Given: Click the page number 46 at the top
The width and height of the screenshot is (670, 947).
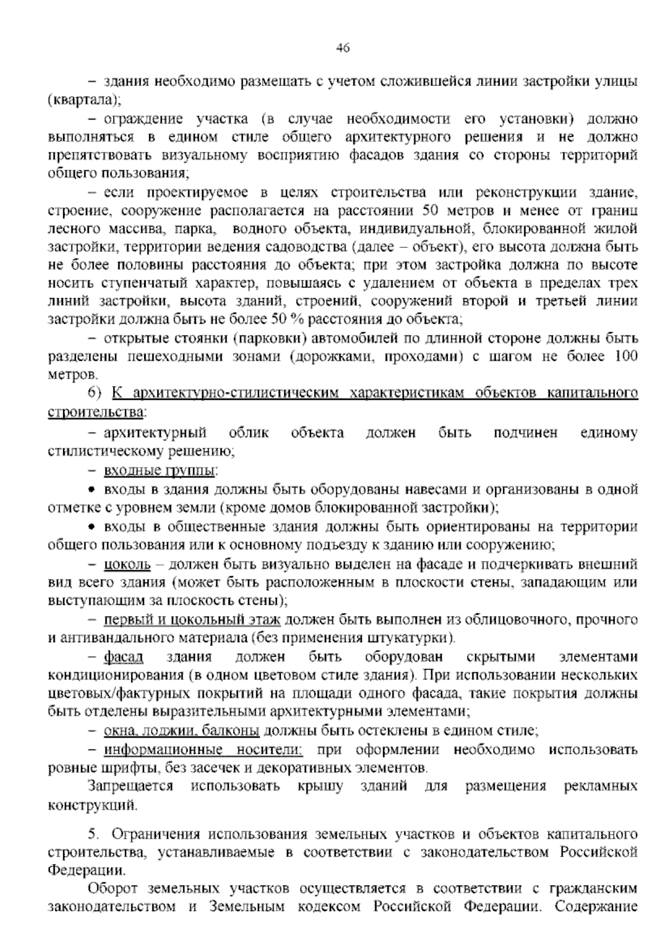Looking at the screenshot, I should coord(343,48).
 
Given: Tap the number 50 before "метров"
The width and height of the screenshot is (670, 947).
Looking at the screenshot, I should coord(432,211).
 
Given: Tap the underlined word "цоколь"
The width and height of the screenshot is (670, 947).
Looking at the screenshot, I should coord(127,565).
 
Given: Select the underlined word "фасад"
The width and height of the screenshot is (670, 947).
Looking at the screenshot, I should coord(123,657).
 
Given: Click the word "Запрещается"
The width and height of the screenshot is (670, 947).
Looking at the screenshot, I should coord(130,786).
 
